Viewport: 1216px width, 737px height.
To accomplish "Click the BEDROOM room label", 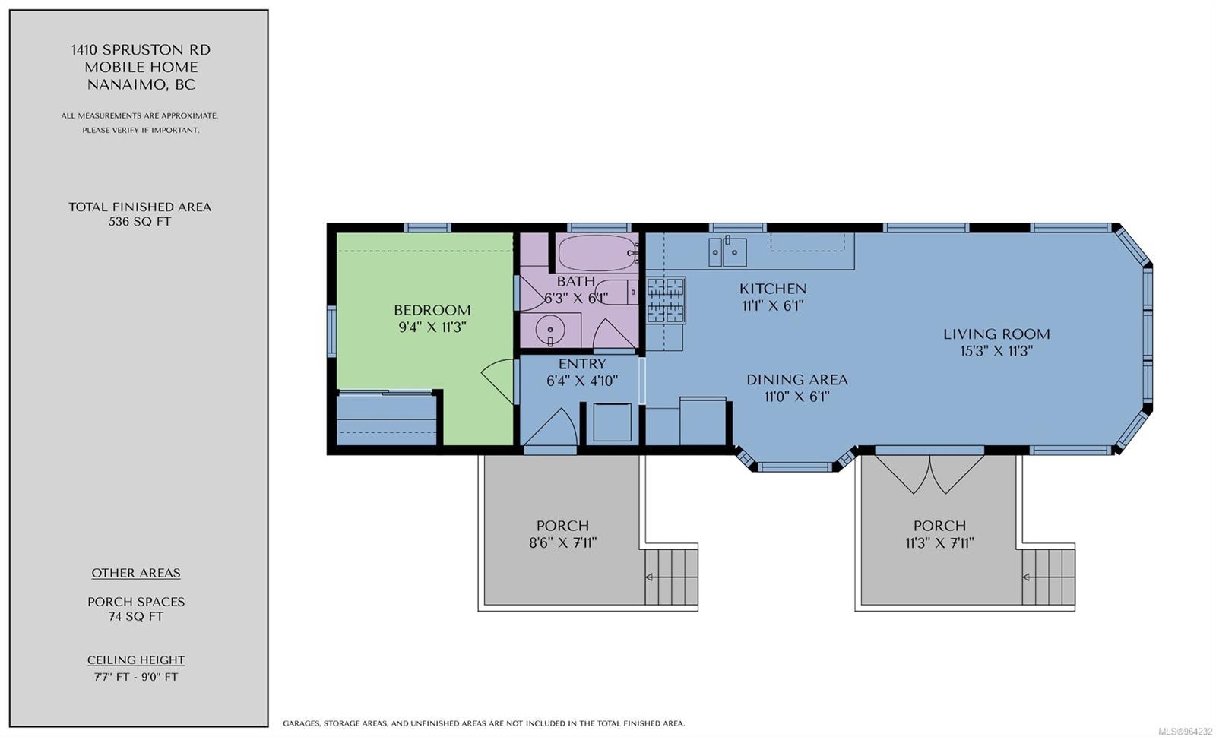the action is point(432,310).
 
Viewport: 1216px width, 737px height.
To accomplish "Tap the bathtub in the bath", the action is point(597,252).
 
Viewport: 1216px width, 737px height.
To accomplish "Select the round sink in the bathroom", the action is point(550,330).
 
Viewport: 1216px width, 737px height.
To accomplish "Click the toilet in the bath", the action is point(616,292).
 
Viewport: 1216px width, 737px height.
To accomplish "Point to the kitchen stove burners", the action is point(666,301).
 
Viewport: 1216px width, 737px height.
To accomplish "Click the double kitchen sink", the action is point(727,252).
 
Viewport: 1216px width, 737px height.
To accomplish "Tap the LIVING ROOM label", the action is point(996,334).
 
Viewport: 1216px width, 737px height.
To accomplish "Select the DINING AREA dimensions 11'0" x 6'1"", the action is point(797,397).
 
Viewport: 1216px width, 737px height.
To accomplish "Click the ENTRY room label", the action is point(582,364).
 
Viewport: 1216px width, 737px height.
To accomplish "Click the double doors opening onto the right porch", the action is point(929,475).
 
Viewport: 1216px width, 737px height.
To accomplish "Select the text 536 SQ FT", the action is point(140,221).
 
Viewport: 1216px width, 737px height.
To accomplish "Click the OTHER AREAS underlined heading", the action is point(136,573).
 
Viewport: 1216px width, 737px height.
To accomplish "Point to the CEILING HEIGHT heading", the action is point(136,660).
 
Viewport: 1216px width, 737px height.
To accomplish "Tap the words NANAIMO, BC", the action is point(141,84).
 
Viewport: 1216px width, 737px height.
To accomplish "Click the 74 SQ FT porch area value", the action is point(136,616).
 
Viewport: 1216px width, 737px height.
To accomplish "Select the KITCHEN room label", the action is point(772,288).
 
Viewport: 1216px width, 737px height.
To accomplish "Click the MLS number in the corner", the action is point(1186,731).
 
